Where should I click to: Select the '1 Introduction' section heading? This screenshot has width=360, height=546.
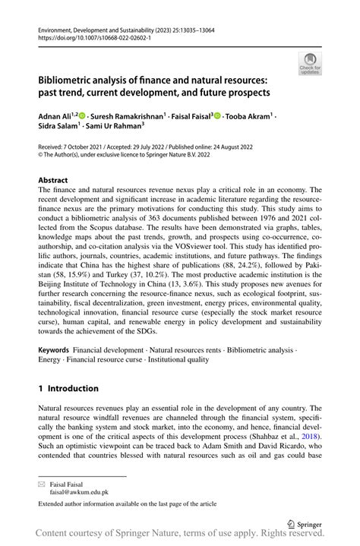[68, 388]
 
